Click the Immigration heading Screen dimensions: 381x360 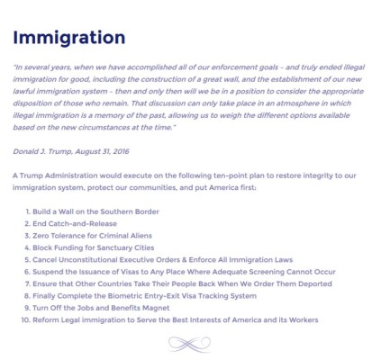(69, 38)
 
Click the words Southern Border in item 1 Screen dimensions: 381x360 (131, 211)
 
